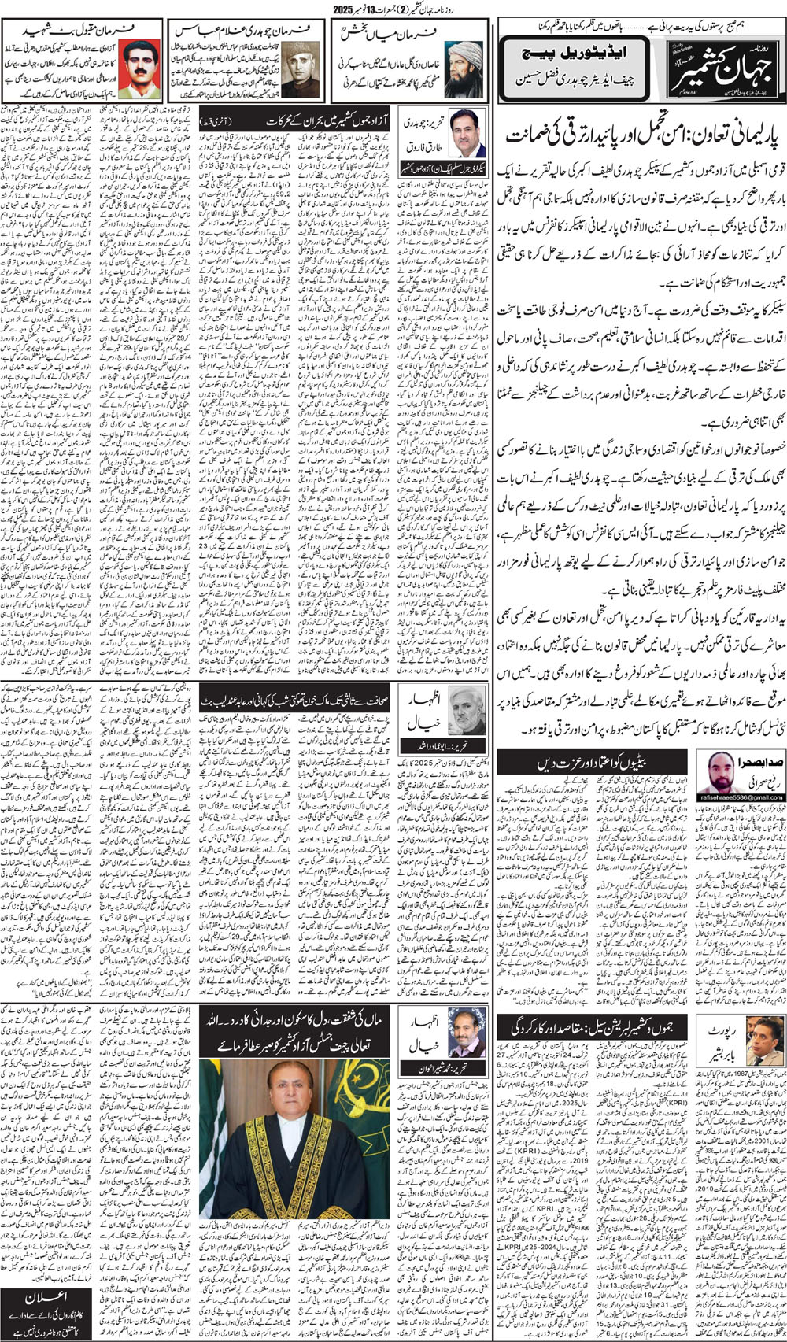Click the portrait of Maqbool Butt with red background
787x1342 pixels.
pyautogui.click(x=140, y=65)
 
